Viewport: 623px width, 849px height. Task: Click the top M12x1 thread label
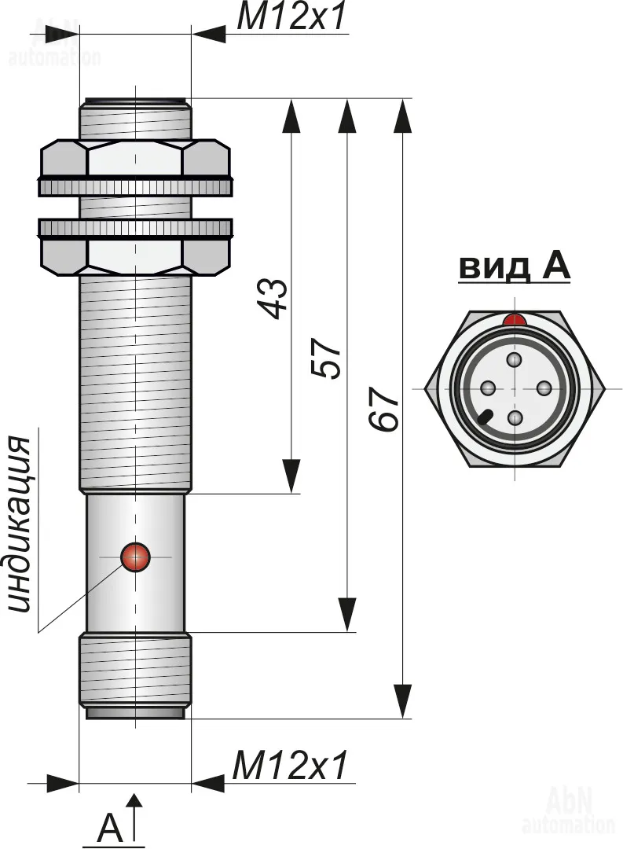tap(291, 18)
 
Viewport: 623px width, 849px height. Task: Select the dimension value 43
tap(274, 296)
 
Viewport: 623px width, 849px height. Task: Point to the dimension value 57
tap(329, 358)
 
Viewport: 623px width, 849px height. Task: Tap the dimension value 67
tap(385, 409)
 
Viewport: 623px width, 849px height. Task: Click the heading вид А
tap(514, 267)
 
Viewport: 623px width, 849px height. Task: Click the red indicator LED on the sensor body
tap(135, 557)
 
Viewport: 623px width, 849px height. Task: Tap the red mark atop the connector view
tap(515, 320)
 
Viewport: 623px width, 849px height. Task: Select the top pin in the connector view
tap(515, 360)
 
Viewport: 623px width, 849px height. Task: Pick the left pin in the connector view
tap(487, 388)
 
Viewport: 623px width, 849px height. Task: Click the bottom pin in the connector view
tap(515, 417)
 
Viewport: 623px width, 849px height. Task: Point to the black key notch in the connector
tap(486, 416)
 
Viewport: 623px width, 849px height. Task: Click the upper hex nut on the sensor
tap(135, 160)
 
